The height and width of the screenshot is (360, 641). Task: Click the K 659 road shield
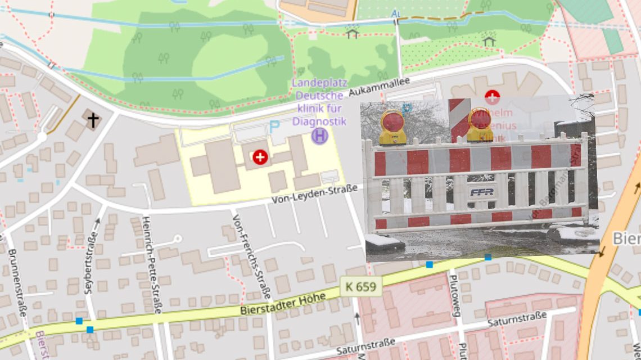click(360, 287)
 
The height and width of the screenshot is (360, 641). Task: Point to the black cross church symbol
click(91, 119)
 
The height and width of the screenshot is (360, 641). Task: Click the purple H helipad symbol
click(319, 136)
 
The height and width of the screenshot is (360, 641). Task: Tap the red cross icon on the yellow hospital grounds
click(260, 157)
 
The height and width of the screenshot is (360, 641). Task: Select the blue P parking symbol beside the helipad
click(274, 127)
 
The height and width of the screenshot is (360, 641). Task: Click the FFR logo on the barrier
click(482, 192)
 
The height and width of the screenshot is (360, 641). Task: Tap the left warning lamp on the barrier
click(392, 127)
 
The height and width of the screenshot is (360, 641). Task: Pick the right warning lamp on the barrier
click(479, 124)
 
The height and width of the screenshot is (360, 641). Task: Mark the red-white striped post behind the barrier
click(458, 119)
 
